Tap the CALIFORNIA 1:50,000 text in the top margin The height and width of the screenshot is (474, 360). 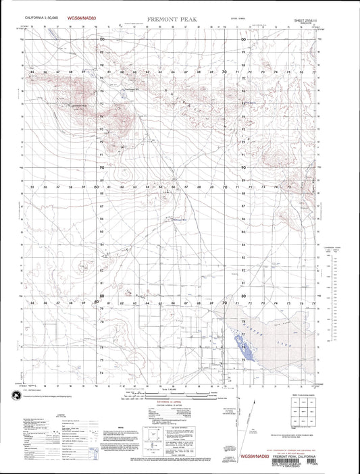(41, 21)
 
